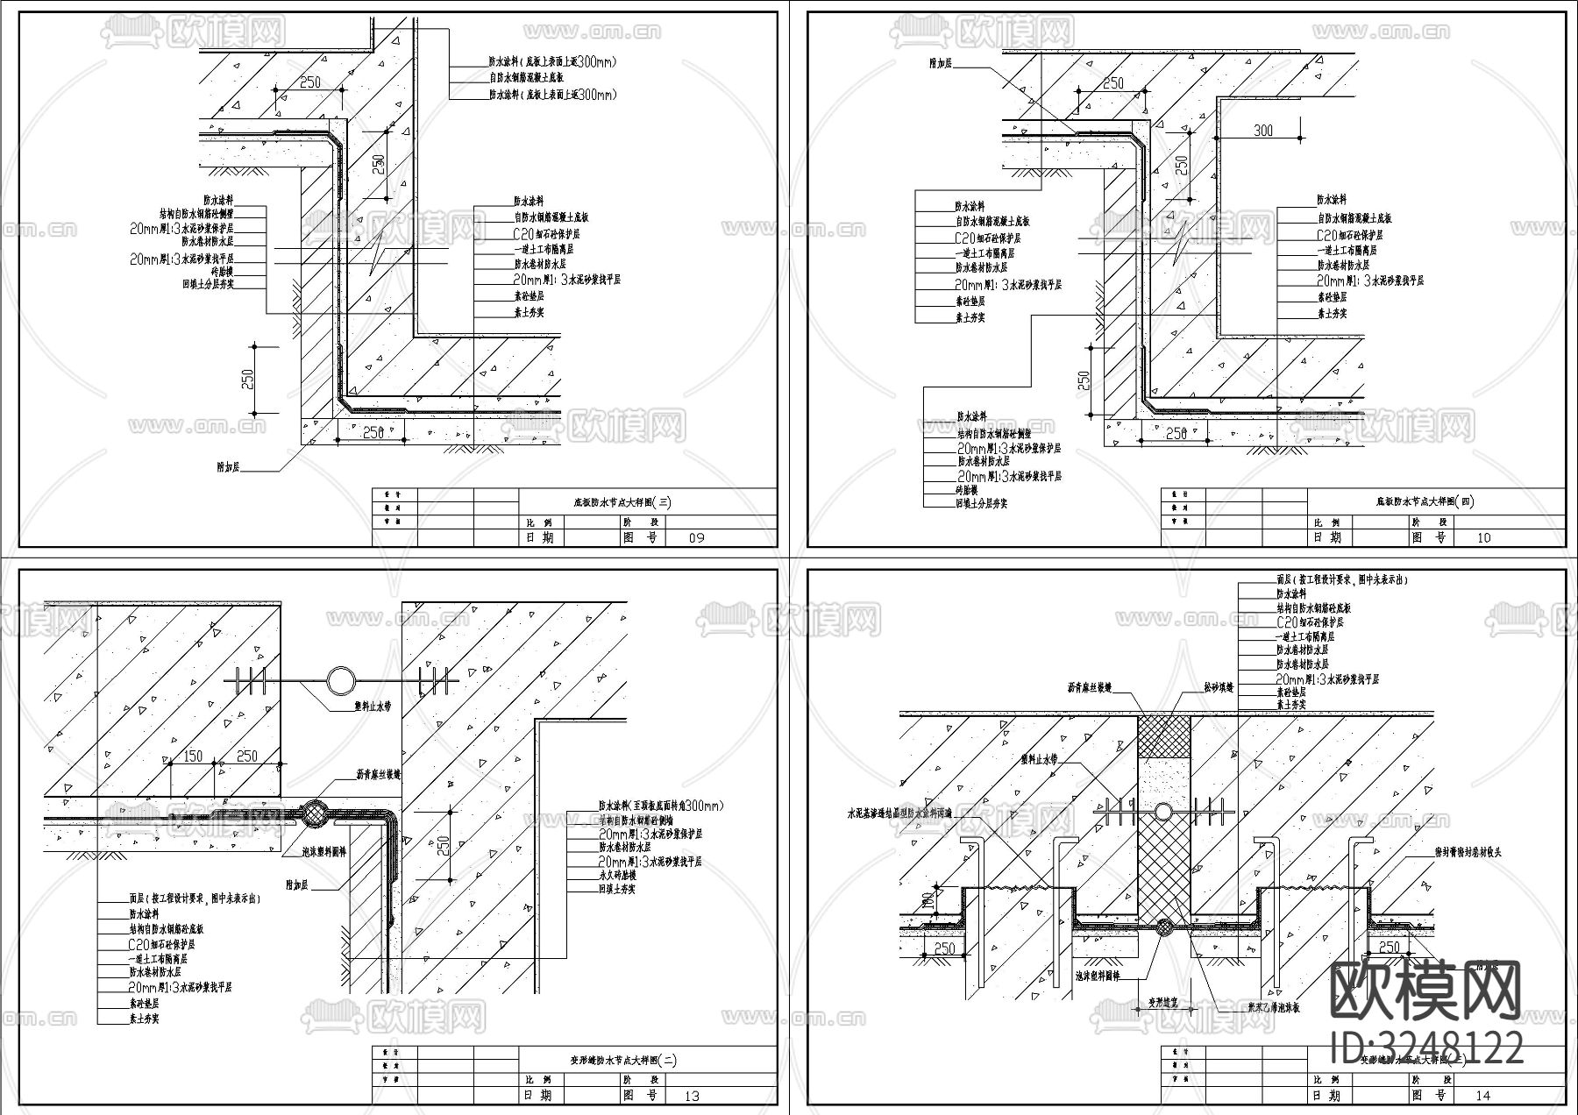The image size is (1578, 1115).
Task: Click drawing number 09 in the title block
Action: click(x=697, y=537)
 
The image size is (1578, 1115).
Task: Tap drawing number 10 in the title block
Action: click(x=1483, y=537)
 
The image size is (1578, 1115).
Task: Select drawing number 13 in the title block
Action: click(x=692, y=1096)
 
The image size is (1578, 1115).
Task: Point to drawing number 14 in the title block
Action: click(x=1482, y=1096)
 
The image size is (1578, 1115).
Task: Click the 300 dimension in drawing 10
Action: click(x=1263, y=131)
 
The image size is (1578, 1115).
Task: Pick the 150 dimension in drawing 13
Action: click(x=192, y=756)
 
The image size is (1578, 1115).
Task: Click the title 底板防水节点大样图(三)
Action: click(x=622, y=503)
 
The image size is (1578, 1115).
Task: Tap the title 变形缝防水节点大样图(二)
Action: click(x=623, y=1061)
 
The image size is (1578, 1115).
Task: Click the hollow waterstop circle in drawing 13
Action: click(x=341, y=680)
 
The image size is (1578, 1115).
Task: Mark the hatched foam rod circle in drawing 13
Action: click(x=314, y=814)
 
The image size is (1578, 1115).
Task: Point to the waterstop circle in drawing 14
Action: click(x=1163, y=811)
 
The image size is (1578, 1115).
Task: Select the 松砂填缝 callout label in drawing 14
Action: click(x=1218, y=688)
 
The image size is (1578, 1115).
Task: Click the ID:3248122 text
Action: click(x=1426, y=1048)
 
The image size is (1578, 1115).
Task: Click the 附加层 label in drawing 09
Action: click(x=229, y=467)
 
